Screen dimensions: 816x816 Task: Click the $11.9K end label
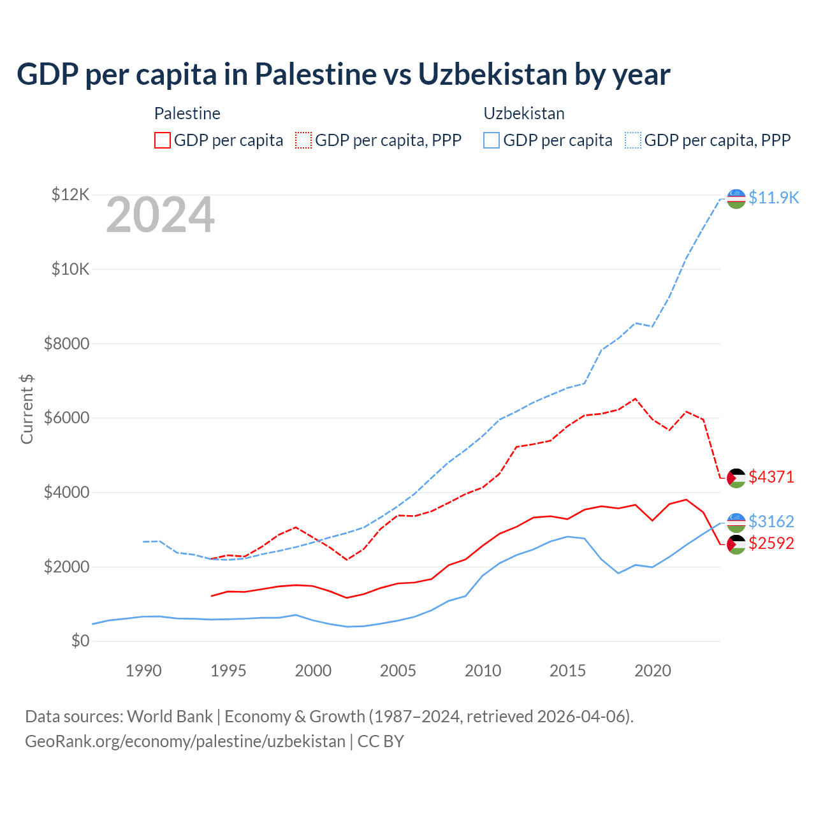click(773, 198)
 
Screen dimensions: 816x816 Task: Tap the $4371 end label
click(771, 477)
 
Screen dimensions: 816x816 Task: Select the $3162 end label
click(771, 521)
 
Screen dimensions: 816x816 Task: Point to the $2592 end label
click(771, 543)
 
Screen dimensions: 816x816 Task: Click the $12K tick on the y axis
click(71, 194)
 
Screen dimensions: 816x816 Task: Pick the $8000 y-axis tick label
click(67, 344)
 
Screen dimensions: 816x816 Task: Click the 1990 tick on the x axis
click(143, 671)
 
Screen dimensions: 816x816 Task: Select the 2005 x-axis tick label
click(398, 671)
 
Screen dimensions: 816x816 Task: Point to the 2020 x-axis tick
click(653, 671)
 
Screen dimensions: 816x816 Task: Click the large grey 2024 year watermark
click(160, 215)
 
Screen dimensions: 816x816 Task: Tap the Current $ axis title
click(27, 409)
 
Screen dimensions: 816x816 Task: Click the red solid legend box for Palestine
click(163, 140)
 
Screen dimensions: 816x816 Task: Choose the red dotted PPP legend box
click(303, 140)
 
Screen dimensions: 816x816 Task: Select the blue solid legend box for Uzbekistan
click(492, 140)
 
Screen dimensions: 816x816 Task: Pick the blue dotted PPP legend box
click(633, 140)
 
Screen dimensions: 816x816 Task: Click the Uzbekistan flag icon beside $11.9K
click(736, 198)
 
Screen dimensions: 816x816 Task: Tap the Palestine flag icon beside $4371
click(736, 477)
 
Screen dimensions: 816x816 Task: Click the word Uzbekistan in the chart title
click(493, 74)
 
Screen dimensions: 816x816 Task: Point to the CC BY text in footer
click(381, 741)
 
